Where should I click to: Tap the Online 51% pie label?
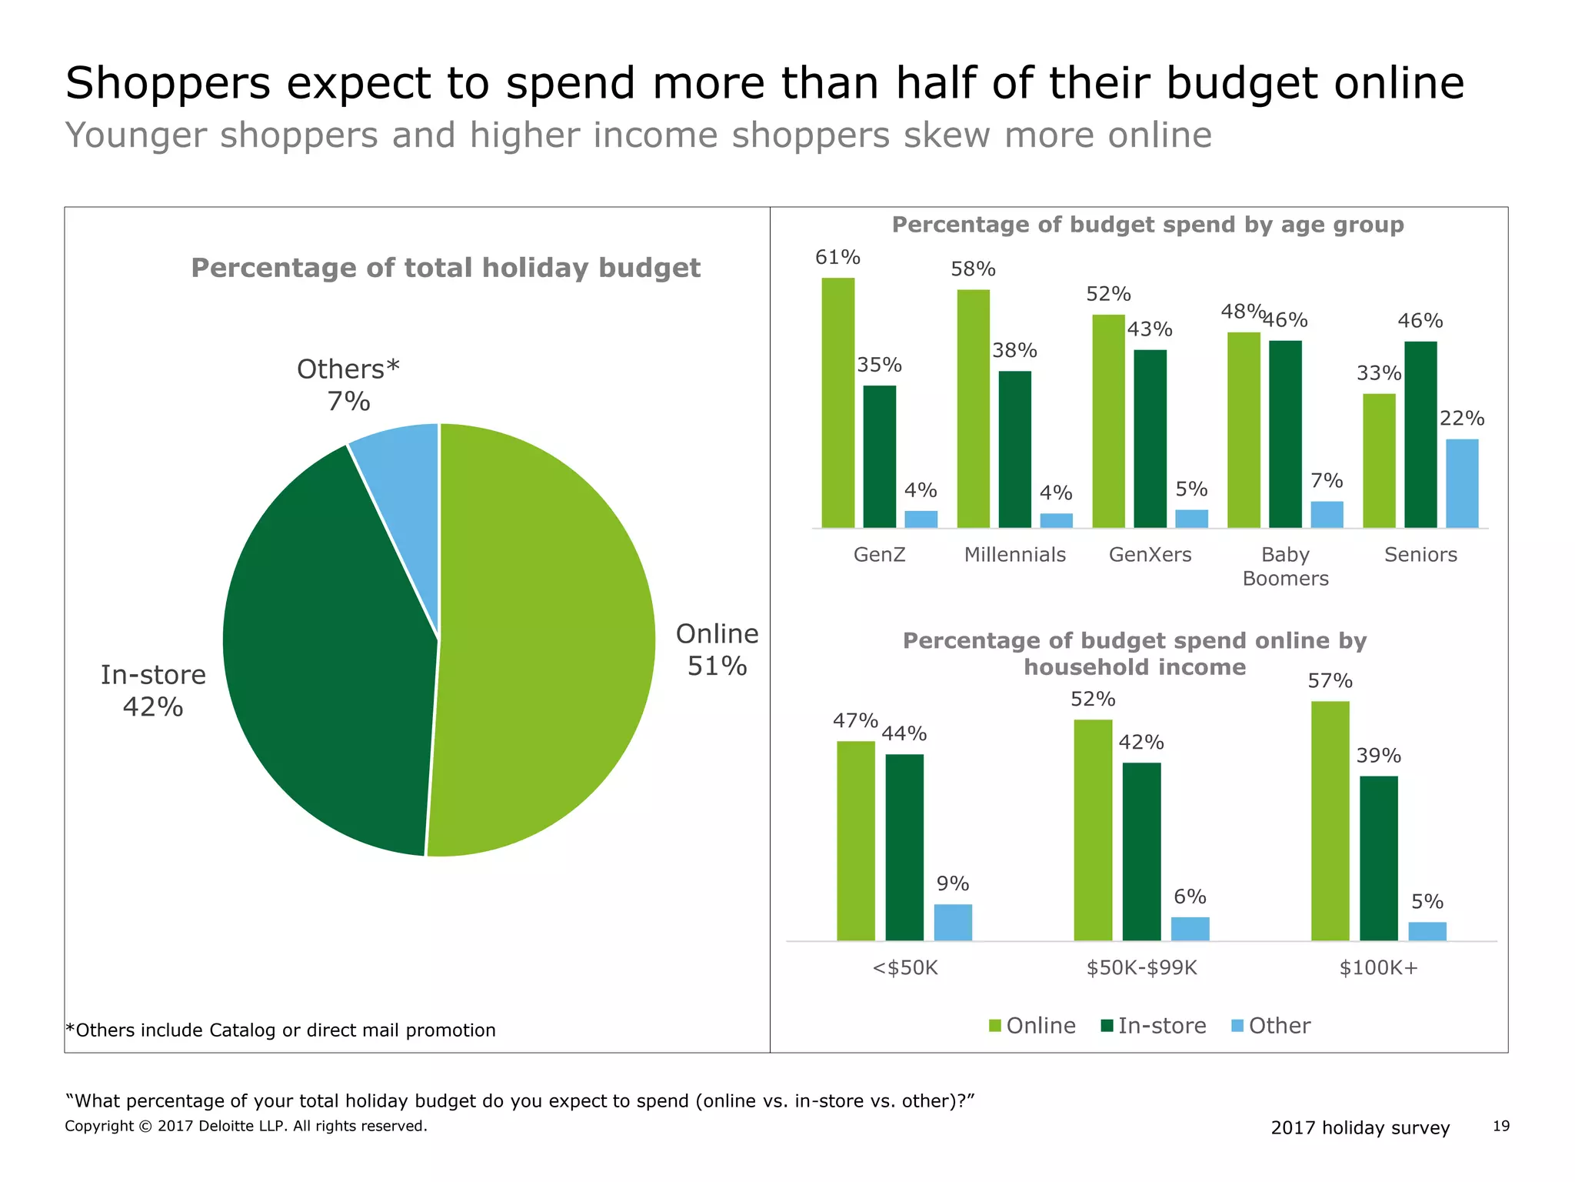[x=717, y=649]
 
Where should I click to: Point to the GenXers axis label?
[x=1150, y=554]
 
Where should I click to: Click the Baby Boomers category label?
[x=1285, y=566]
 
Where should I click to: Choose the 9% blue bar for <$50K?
[x=953, y=922]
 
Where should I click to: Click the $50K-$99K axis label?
[x=1141, y=967]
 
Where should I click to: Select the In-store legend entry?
[x=1154, y=1026]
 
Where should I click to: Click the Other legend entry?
[x=1270, y=1026]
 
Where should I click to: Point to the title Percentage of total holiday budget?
[x=445, y=268]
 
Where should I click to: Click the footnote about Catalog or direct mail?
[x=281, y=1030]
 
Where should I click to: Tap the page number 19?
[x=1500, y=1126]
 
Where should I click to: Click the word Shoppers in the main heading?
[x=168, y=83]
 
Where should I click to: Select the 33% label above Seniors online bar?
[x=1378, y=373]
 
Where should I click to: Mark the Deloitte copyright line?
[x=245, y=1126]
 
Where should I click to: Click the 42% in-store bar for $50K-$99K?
[x=1141, y=851]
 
